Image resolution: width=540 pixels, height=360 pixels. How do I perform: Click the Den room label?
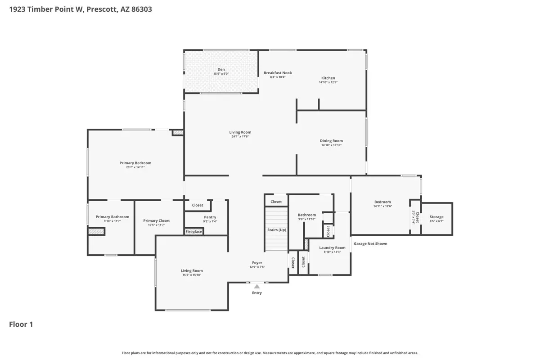(221, 69)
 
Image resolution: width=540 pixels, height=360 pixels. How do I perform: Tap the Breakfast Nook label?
(278, 73)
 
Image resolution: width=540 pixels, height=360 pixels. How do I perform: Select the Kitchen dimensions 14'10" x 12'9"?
(328, 82)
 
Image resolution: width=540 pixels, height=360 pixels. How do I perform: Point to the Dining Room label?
(331, 141)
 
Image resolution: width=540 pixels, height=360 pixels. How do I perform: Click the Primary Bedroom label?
(135, 163)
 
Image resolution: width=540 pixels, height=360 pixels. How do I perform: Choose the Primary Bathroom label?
(112, 217)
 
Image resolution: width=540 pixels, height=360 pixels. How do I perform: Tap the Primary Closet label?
(157, 220)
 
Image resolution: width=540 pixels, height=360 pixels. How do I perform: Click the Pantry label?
(210, 217)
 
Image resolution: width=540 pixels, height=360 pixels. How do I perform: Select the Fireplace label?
(194, 232)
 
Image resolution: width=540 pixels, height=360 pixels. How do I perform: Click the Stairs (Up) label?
(276, 230)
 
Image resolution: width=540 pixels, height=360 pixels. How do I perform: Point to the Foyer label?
(257, 263)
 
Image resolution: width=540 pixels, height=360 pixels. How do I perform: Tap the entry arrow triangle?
(257, 287)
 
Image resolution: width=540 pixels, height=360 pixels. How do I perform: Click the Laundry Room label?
(332, 247)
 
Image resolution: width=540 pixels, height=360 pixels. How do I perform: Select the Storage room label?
(436, 217)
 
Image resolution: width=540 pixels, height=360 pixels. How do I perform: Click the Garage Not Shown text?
(370, 244)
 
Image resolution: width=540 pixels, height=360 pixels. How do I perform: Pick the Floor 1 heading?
(21, 324)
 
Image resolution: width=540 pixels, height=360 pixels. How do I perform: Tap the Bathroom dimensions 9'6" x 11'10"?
(306, 219)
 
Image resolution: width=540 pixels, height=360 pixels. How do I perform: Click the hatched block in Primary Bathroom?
(96, 232)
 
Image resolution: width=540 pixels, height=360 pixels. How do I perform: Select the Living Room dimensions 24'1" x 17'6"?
(240, 136)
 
